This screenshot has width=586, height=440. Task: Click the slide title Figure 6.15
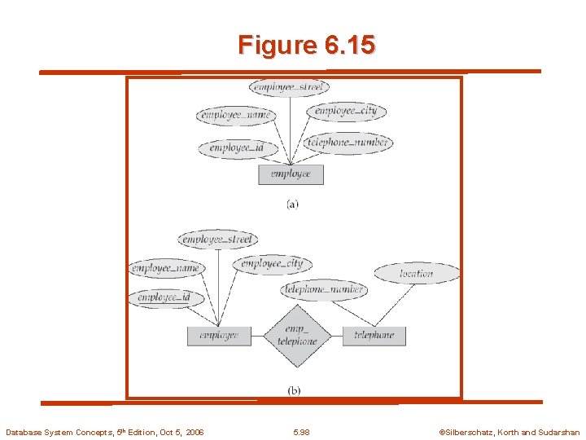[x=307, y=45]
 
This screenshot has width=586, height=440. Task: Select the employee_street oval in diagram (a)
[x=289, y=86]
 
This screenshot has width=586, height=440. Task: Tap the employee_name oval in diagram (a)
[x=234, y=116]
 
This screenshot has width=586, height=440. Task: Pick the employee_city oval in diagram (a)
[x=346, y=111]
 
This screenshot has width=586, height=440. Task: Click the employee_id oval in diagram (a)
[x=236, y=148]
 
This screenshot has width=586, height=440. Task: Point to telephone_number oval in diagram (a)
[x=348, y=143]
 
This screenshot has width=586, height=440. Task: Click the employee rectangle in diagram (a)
[x=291, y=174]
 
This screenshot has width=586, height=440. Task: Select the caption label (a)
[x=292, y=204]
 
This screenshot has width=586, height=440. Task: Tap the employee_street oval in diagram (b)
[x=217, y=239]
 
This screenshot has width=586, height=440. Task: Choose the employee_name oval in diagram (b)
[x=165, y=268]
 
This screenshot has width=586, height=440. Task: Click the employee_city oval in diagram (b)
[x=272, y=263]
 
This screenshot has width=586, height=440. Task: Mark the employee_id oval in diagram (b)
[x=165, y=298]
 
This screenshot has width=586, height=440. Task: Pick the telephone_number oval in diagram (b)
[x=324, y=288]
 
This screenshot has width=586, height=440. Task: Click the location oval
[x=417, y=274]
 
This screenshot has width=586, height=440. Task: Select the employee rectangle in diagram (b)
[x=218, y=335]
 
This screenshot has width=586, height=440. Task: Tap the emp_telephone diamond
[x=296, y=336]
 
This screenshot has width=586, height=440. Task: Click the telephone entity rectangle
[x=374, y=335]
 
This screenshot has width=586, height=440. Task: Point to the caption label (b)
[x=294, y=390]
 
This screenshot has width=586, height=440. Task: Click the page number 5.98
[x=301, y=432]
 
